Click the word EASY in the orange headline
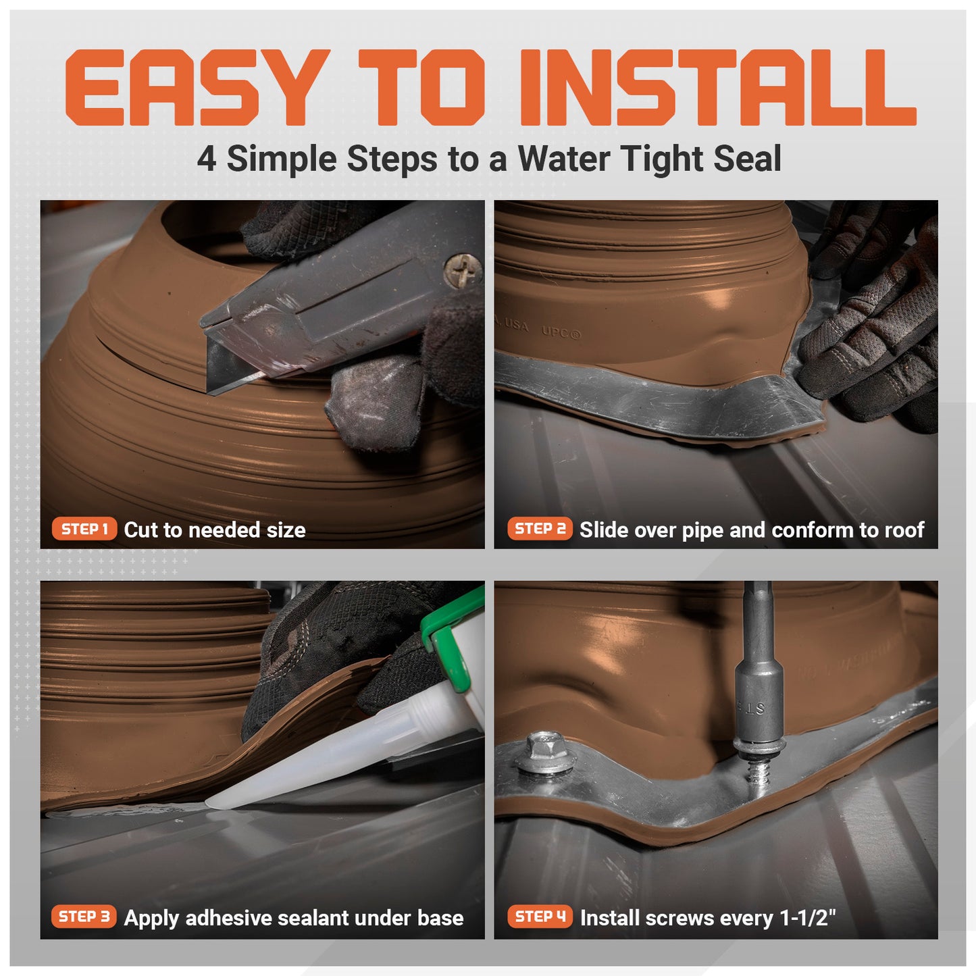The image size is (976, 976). click(192, 88)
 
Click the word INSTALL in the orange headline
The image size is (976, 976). click(716, 88)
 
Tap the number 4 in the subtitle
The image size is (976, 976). click(207, 159)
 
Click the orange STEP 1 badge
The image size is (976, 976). click(84, 529)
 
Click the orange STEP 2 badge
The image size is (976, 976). click(540, 529)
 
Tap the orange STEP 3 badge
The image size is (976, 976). click(84, 917)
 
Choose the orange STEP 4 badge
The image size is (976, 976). click(540, 917)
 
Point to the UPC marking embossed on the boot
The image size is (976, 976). click(561, 332)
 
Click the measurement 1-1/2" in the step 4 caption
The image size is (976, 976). click(808, 918)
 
